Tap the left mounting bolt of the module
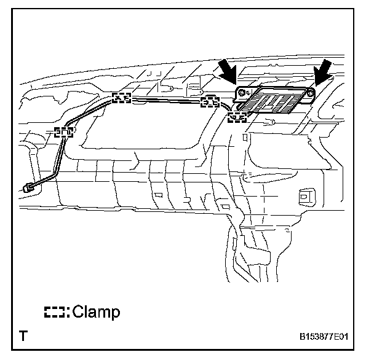[242, 93]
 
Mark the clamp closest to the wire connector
[63, 131]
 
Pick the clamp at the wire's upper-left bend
[121, 97]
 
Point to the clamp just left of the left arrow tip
[210, 101]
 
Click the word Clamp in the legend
[96, 312]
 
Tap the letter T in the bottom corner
[24, 336]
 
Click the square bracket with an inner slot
[304, 198]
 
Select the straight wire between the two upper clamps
[166, 99]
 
